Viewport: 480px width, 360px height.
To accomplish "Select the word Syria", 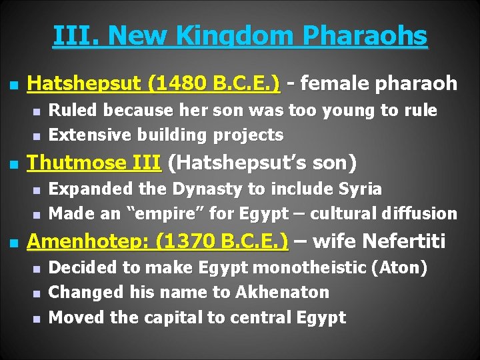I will (359, 189).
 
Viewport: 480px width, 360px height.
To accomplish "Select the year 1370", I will (183, 241).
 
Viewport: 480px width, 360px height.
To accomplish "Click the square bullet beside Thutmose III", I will (12, 164).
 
